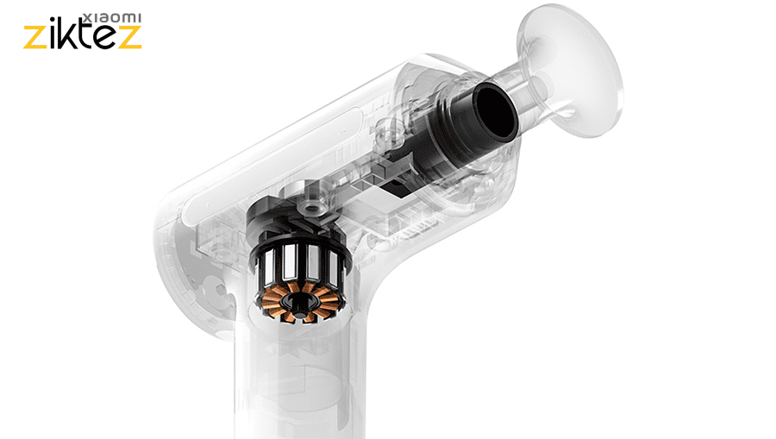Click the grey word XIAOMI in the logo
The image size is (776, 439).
tap(112, 18)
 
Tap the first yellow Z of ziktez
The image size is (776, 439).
tap(35, 38)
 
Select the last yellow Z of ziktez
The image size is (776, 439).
tap(130, 38)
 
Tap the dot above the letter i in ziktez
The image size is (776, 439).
tap(53, 21)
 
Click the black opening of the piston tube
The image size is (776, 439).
tap(496, 110)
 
